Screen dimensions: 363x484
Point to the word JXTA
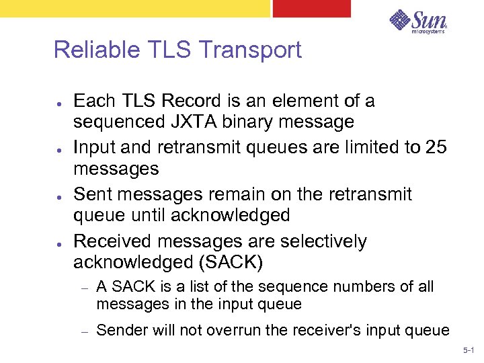pos(203,122)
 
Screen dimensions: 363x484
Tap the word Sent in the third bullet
pos(89,194)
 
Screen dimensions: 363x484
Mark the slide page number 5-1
pos(469,350)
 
